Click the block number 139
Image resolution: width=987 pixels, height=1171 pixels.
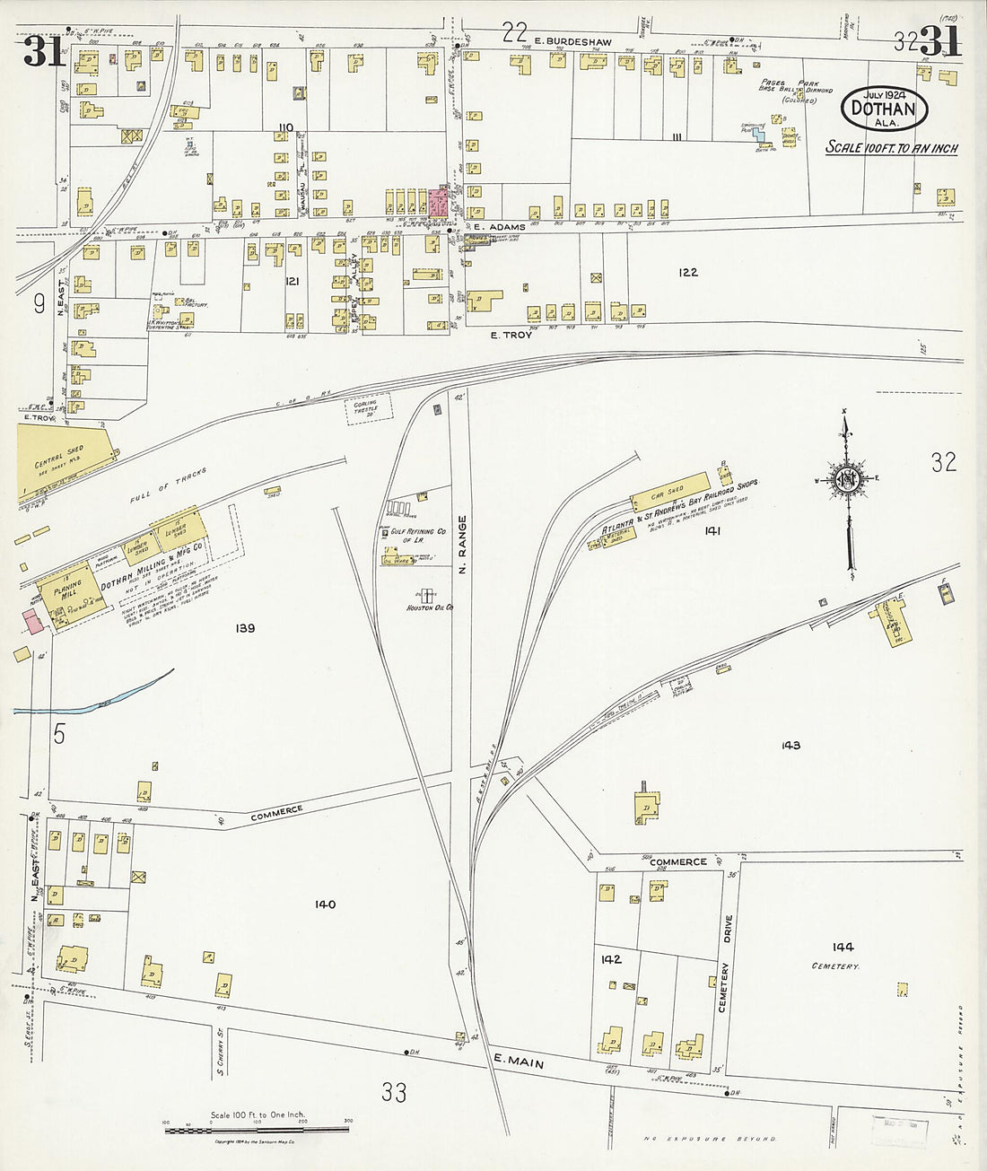pos(243,628)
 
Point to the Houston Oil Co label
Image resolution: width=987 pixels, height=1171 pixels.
pos(426,607)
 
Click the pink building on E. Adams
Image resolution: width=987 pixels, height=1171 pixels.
pos(439,201)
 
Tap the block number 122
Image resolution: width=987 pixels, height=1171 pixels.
pos(688,271)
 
